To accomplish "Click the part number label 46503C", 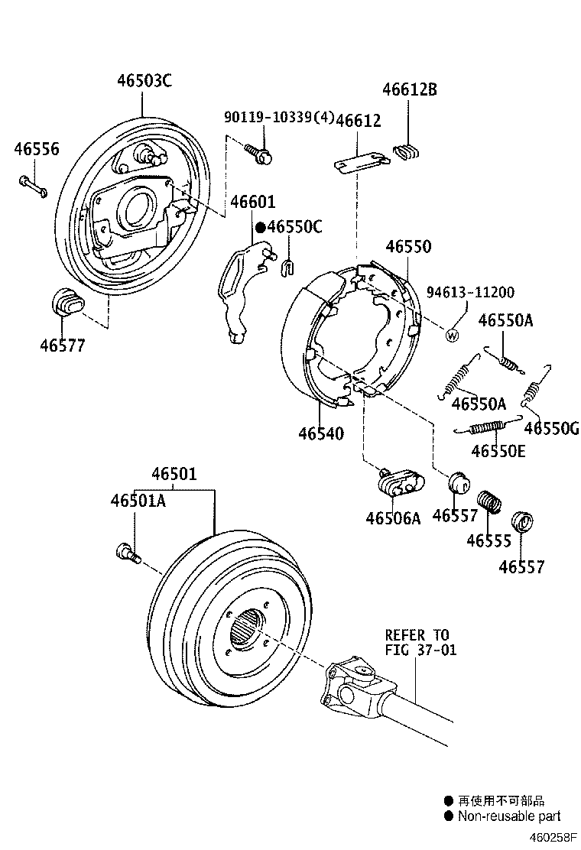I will (144, 79).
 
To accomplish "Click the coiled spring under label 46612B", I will (407, 151).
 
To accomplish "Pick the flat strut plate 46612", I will (360, 162).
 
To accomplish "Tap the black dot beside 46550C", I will (260, 227).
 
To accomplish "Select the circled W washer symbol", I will (452, 334).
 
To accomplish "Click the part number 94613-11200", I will (470, 292).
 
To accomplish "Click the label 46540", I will (321, 433).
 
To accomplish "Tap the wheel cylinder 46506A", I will (399, 482).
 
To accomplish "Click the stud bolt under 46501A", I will (127, 552).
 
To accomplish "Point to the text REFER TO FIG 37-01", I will (417, 643).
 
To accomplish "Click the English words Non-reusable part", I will (508, 816).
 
